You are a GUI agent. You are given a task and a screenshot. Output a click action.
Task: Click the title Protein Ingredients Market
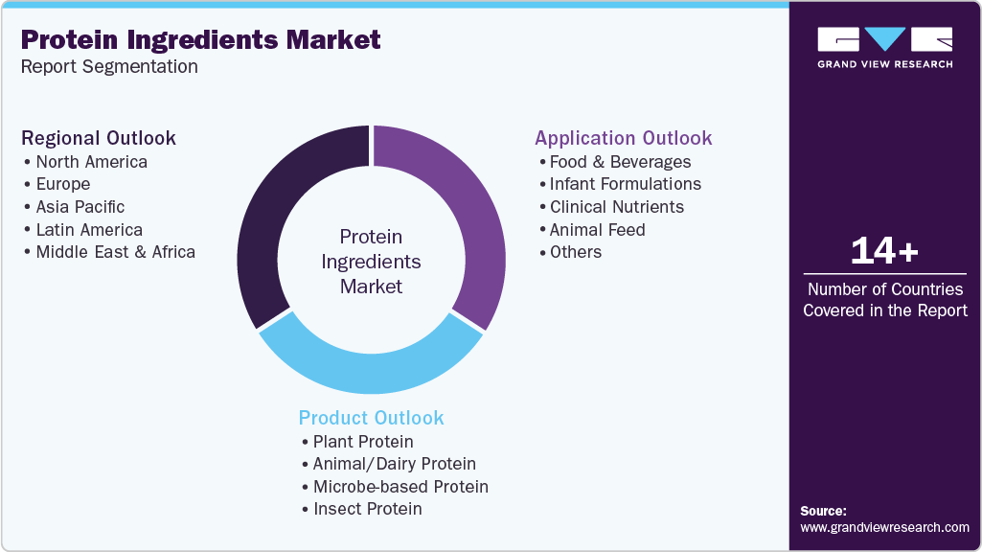[200, 39]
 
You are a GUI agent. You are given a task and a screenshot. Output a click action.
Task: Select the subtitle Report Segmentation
[109, 67]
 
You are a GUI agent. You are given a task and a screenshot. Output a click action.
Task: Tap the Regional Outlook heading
[99, 138]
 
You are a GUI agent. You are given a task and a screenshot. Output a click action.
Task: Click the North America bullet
[91, 162]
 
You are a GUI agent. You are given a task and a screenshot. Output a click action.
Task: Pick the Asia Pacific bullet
[80, 207]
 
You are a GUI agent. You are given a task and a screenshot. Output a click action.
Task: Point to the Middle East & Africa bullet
[115, 252]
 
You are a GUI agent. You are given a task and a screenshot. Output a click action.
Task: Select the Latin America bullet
[89, 230]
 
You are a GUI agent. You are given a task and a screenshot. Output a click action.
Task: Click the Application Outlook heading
[623, 138]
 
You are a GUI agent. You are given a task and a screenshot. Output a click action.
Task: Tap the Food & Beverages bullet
[620, 162]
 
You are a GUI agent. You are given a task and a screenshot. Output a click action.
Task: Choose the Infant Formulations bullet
[625, 184]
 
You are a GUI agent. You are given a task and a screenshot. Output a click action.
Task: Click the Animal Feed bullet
[597, 230]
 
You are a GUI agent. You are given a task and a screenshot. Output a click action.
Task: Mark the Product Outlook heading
[371, 418]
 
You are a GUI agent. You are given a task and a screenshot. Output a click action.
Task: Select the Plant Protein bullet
[363, 442]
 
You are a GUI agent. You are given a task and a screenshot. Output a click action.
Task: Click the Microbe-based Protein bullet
[400, 487]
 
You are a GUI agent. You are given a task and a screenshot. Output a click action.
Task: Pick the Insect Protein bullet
[367, 509]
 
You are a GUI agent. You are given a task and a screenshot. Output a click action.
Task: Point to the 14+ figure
[884, 251]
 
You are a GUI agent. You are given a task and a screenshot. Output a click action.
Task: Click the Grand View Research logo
[884, 47]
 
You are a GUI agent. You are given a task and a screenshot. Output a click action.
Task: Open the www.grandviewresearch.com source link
[884, 527]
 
